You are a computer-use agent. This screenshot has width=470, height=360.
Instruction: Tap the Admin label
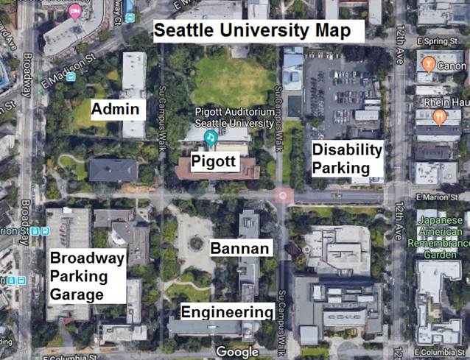tap(116, 110)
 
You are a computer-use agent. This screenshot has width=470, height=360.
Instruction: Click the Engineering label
tap(228, 311)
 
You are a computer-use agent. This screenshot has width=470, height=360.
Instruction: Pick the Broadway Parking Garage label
tap(86, 276)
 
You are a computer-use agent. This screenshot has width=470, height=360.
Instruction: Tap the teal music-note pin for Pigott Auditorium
tap(210, 137)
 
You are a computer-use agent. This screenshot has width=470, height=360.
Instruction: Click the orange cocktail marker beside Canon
tap(429, 64)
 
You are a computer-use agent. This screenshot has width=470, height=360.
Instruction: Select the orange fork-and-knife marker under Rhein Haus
tap(438, 116)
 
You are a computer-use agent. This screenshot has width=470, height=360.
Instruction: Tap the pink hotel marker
tap(74, 11)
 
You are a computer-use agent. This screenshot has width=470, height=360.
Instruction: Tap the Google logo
tap(237, 352)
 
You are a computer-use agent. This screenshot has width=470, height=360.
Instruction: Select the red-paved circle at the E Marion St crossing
tap(284, 196)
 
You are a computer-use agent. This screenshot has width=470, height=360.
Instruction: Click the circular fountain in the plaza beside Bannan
tap(196, 242)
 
